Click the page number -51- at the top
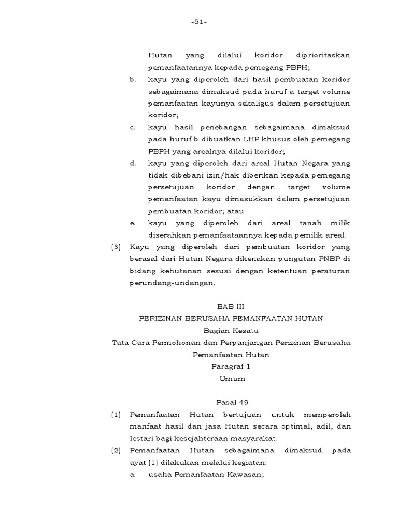click(x=198, y=22)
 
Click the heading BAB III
click(x=231, y=306)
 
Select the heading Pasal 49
click(x=231, y=402)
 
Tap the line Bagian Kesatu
click(x=231, y=331)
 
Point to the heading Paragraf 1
click(x=231, y=366)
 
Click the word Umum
click(x=231, y=378)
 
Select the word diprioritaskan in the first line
click(x=323, y=55)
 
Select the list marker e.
click(x=133, y=223)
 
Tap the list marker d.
click(x=133, y=163)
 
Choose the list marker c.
click(x=133, y=127)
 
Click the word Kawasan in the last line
click(x=243, y=474)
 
